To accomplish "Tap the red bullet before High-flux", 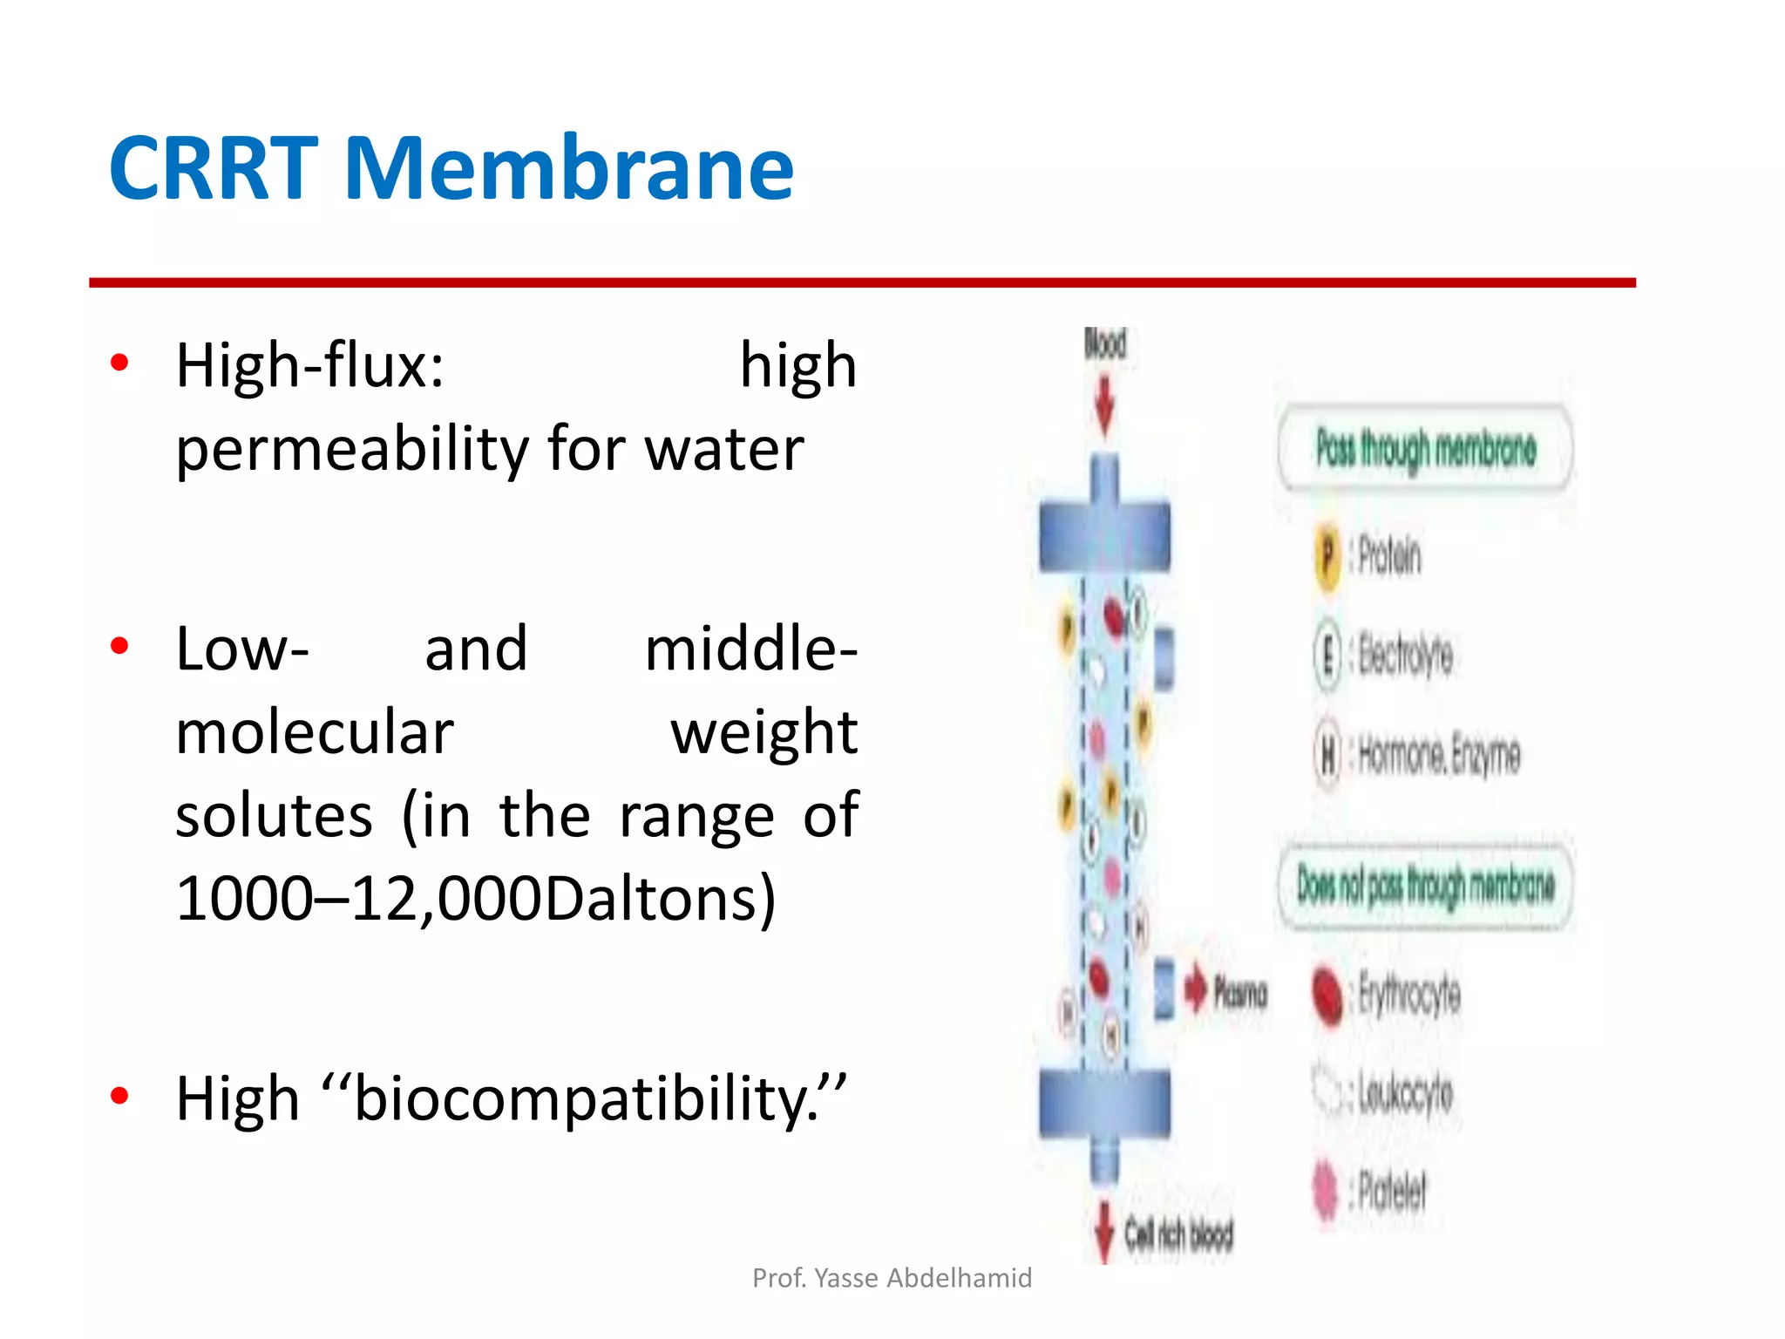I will coord(120,363).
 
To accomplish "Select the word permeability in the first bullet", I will coord(352,450).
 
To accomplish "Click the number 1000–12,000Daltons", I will coord(475,899).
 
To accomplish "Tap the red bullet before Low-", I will coord(120,646).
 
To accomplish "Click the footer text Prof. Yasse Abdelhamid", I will coord(892,1278).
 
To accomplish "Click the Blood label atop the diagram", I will coord(1104,343).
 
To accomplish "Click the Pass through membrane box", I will coord(1425,449).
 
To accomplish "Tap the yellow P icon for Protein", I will coord(1327,554).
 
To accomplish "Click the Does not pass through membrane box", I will coord(1425,886).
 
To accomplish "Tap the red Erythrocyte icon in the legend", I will coord(1327,996).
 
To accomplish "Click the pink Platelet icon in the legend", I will coord(1326,1191).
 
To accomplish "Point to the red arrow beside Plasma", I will coord(1196,991).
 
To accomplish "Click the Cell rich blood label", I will coord(1178,1234).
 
